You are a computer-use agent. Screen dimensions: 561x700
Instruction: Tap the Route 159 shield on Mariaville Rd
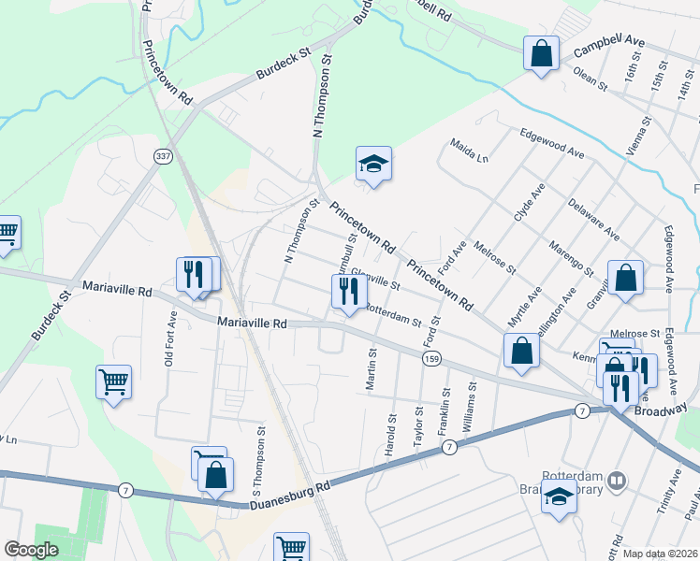pos(430,358)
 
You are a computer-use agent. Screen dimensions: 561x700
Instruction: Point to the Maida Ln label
pos(469,150)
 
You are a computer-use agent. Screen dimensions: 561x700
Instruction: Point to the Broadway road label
pos(662,410)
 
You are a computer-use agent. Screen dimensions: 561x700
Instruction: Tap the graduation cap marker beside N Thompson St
pos(372,164)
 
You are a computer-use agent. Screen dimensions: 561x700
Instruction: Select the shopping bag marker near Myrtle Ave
pos(522,351)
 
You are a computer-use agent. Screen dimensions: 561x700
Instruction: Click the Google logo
pos(32,550)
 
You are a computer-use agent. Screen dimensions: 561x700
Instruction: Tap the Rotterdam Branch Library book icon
pos(616,482)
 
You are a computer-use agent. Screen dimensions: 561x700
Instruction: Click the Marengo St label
pos(572,253)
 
